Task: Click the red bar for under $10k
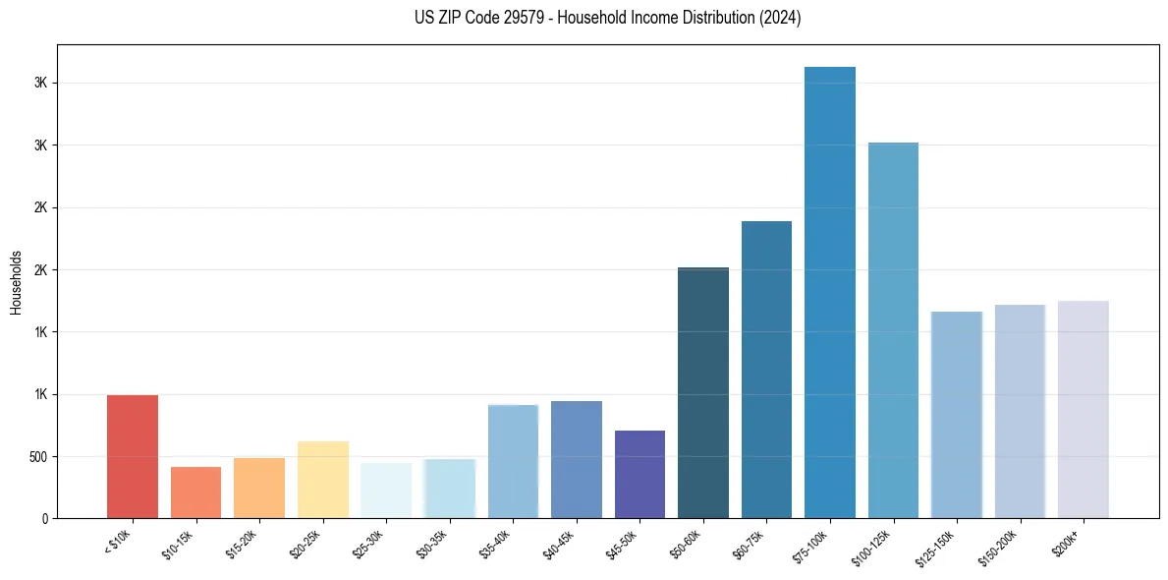[133, 456]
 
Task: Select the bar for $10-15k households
[195, 493]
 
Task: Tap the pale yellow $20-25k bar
[322, 480]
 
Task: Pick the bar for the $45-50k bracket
[640, 474]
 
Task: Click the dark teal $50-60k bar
[703, 392]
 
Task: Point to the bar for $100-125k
[893, 330]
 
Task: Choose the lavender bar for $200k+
[1083, 409]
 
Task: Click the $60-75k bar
[766, 370]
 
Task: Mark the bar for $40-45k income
[577, 459]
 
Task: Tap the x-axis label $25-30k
[368, 544]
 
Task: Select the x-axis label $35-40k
[495, 544]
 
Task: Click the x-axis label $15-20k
[242, 544]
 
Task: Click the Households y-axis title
[17, 282]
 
